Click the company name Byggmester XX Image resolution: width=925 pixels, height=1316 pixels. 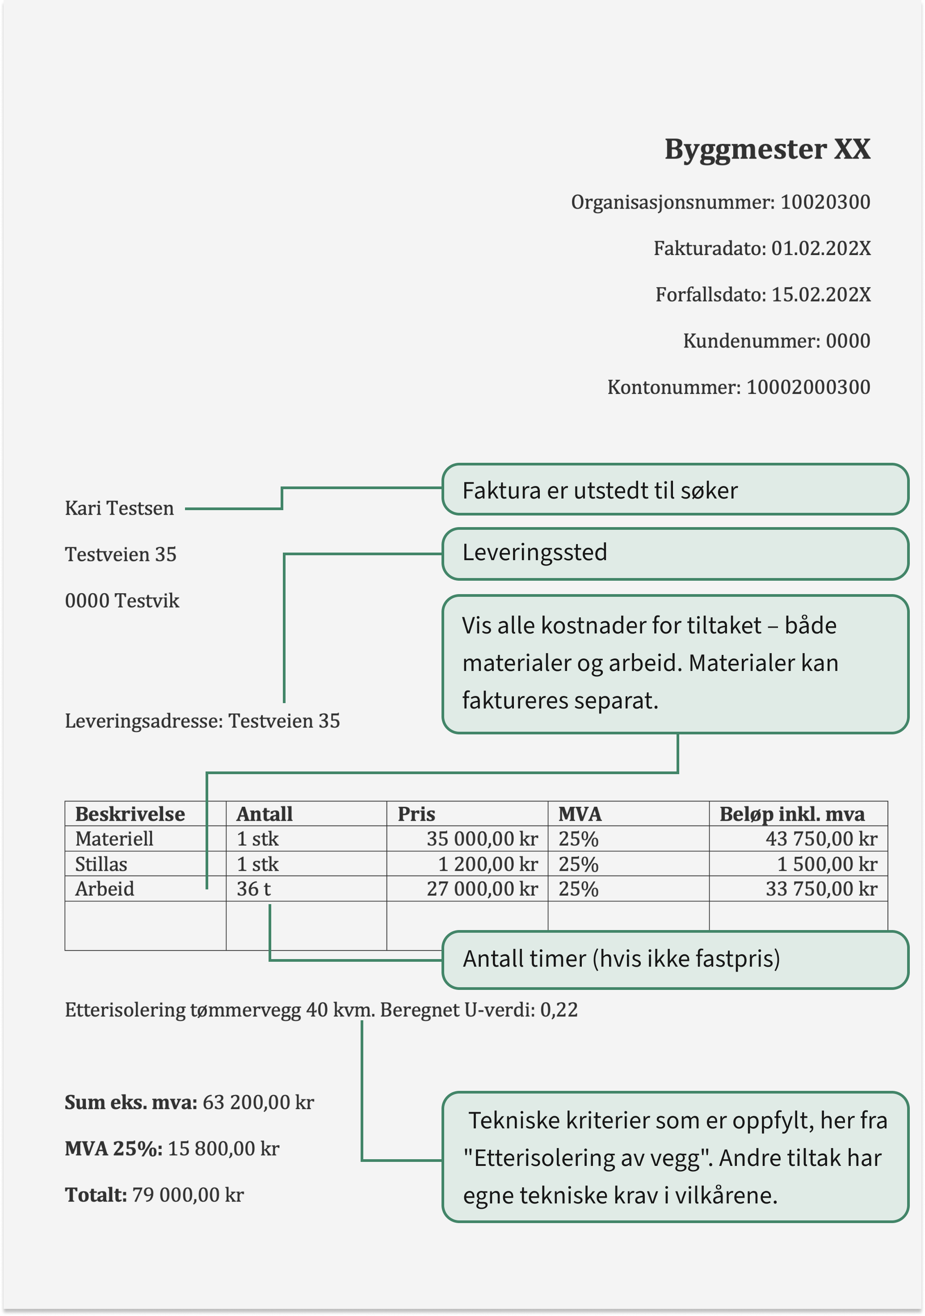click(x=767, y=150)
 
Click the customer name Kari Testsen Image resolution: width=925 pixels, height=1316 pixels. click(x=119, y=508)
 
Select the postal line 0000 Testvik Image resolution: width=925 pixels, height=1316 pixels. click(x=122, y=601)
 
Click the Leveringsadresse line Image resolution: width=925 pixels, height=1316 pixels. click(x=202, y=721)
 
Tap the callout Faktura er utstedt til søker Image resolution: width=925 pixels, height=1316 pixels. click(x=674, y=490)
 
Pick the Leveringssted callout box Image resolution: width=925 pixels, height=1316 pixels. click(x=674, y=553)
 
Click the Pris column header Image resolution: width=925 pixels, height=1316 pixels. click(x=416, y=814)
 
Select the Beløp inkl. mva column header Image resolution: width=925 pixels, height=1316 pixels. click(x=791, y=814)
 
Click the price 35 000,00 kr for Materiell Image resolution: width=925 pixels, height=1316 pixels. click(x=482, y=839)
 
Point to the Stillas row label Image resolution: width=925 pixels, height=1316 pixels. click(x=101, y=864)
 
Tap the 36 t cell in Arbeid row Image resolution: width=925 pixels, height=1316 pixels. click(x=253, y=889)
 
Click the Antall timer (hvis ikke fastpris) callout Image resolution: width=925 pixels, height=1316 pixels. click(x=674, y=959)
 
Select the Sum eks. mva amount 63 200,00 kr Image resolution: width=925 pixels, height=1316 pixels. click(x=258, y=1102)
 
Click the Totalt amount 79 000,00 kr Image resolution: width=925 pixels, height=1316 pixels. click(x=188, y=1195)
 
